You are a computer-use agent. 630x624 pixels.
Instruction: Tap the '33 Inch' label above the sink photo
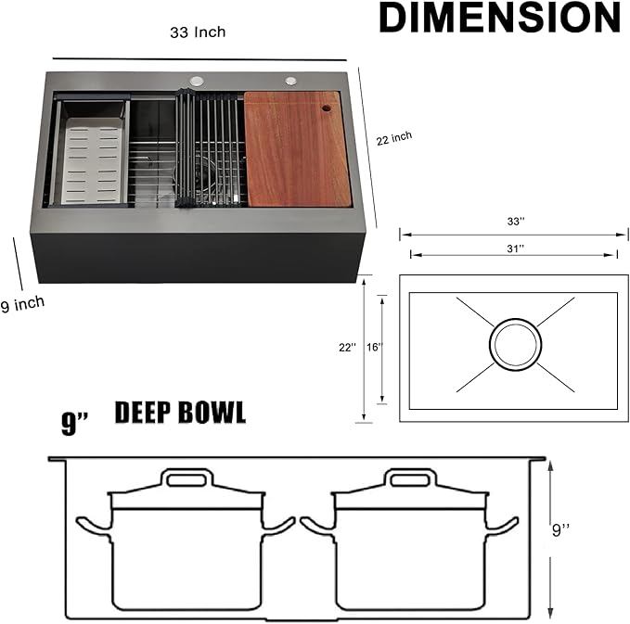(x=198, y=32)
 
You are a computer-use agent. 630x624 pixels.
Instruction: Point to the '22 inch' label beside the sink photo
(x=394, y=138)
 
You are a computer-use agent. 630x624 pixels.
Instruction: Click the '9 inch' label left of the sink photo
(x=22, y=303)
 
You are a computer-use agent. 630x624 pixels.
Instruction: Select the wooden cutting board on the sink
(x=297, y=148)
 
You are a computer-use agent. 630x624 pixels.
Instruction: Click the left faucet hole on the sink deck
(x=197, y=82)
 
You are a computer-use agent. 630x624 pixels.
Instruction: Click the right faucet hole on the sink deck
(x=290, y=81)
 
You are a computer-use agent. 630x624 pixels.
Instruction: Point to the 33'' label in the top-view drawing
(x=515, y=223)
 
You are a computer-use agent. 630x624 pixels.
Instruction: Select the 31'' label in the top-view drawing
(x=515, y=248)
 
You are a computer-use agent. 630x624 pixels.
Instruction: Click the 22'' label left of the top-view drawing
(x=347, y=348)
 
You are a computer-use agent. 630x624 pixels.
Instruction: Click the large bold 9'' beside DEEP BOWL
(x=74, y=424)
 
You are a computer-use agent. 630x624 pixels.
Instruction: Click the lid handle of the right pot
(x=412, y=478)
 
